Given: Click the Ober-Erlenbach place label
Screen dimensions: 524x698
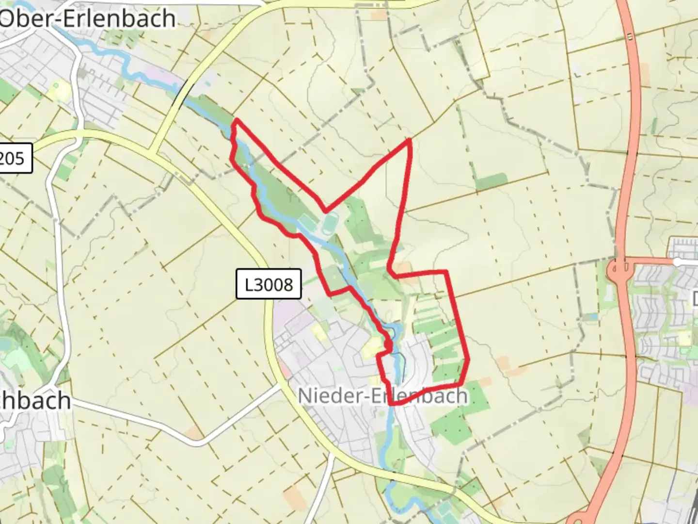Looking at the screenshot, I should (87, 18).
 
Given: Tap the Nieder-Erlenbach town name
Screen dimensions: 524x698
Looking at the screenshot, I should (382, 395).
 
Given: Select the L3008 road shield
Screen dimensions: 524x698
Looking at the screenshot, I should (269, 284).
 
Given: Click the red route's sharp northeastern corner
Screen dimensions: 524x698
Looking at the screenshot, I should (410, 140).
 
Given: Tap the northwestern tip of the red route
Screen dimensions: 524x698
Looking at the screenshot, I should (236, 120).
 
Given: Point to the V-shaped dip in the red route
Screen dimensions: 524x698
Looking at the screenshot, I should (326, 211).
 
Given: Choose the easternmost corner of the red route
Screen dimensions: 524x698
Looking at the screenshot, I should (468, 359).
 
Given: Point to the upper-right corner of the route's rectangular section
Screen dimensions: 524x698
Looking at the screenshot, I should (445, 272).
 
